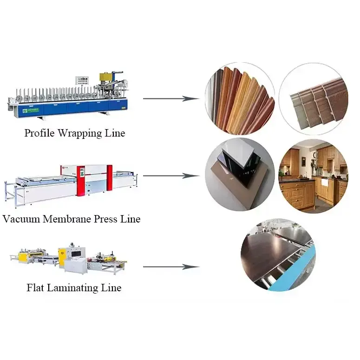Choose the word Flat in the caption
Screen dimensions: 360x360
point(36,288)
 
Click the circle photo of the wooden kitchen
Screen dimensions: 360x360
point(313,176)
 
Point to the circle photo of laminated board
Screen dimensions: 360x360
point(278,255)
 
